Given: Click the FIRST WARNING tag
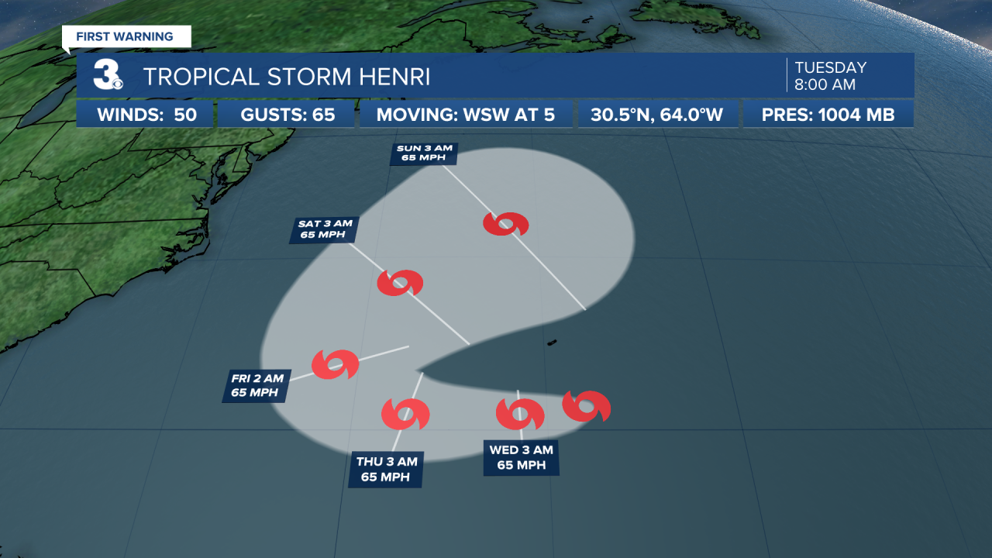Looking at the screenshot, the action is click(x=125, y=36).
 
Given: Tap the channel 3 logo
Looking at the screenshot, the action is click(x=107, y=76).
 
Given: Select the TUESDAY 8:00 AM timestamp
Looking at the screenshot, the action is click(x=830, y=76).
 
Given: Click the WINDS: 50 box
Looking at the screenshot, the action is click(x=146, y=115).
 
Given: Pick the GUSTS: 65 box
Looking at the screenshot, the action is click(x=288, y=115).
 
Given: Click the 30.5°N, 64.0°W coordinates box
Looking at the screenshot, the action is click(x=656, y=115).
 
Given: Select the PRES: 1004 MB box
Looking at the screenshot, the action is click(x=828, y=115).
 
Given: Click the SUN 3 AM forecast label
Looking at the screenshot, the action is click(x=424, y=153).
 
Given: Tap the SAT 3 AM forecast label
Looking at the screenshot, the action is click(x=325, y=230).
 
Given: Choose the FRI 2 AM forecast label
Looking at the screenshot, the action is click(x=258, y=385).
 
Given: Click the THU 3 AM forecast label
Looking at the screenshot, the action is click(x=386, y=470).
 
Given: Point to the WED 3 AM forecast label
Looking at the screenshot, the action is click(x=521, y=457).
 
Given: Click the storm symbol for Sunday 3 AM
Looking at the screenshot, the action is click(x=505, y=224).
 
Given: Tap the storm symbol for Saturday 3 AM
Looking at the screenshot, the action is click(x=400, y=283).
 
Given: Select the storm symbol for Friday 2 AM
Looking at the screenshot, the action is click(x=336, y=363).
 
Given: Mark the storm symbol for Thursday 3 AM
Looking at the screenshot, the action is click(x=405, y=414).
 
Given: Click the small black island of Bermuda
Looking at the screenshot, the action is click(x=552, y=342).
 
